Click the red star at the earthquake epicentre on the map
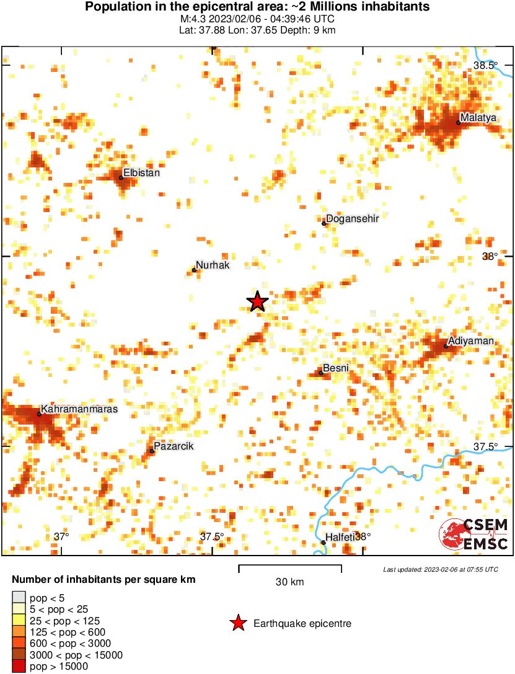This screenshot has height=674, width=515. click(258, 301)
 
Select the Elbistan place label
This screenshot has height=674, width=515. click(142, 173)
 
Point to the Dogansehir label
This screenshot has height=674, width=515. click(352, 218)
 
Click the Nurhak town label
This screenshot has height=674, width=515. click(213, 265)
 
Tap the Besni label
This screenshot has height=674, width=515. click(336, 368)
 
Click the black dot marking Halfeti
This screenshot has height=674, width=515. click(324, 543)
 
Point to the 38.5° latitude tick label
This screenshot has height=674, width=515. click(485, 66)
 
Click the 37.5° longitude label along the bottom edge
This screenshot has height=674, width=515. click(212, 536)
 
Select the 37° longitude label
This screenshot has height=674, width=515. click(61, 536)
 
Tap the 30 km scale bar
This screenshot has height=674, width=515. click(289, 569)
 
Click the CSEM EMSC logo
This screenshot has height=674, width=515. click(474, 534)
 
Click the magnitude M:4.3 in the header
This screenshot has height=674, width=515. click(193, 19)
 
